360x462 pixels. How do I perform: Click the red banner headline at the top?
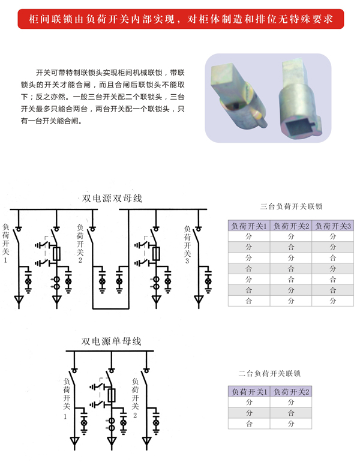180,20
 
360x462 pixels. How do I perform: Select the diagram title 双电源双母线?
112,199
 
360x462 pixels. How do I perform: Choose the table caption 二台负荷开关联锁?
270,374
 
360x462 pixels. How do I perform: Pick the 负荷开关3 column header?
334,226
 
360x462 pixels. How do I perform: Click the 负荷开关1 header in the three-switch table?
249,226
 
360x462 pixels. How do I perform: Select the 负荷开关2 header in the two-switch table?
292,392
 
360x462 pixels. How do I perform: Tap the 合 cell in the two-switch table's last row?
249,424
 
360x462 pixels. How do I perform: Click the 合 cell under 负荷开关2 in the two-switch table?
292,413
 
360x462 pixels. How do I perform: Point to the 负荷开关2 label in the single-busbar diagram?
134,396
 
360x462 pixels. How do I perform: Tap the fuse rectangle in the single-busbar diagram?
111,394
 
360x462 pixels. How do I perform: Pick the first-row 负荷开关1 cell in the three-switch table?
249,236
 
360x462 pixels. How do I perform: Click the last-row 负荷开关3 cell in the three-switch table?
334,301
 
